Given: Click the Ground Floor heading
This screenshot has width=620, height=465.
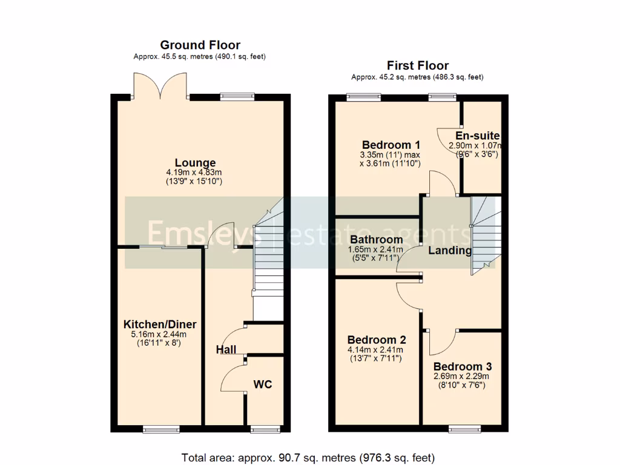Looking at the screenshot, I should pyautogui.click(x=200, y=45).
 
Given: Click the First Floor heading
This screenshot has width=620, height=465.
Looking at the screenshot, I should pyautogui.click(x=418, y=66).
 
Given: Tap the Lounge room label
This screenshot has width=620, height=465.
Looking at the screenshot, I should pyautogui.click(x=195, y=163).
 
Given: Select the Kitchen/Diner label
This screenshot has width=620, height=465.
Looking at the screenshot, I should pyautogui.click(x=160, y=325).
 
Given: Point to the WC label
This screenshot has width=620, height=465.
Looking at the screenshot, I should pyautogui.click(x=262, y=384).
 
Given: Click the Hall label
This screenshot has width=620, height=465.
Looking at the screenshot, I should pyautogui.click(x=226, y=349).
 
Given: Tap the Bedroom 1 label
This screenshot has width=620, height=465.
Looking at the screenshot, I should pyautogui.click(x=391, y=145).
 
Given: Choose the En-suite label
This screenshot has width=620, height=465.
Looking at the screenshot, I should pyautogui.click(x=478, y=136).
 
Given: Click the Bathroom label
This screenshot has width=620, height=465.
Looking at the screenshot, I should pyautogui.click(x=375, y=240).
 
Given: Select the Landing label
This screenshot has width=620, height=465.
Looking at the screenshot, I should pyautogui.click(x=450, y=251).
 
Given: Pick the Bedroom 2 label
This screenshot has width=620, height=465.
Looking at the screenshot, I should pyautogui.click(x=377, y=340).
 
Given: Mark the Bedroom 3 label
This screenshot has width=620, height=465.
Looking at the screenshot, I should pyautogui.click(x=463, y=366).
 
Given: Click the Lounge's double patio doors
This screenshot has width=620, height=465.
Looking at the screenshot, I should pyautogui.click(x=160, y=86).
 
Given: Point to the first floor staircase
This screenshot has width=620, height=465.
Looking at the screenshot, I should pyautogui.click(x=485, y=233).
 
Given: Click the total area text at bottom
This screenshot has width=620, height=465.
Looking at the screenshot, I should pyautogui.click(x=308, y=457).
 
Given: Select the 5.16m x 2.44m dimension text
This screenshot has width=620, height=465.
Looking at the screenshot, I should pyautogui.click(x=160, y=334).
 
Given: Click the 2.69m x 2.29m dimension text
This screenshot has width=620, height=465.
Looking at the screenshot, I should pyautogui.click(x=463, y=376).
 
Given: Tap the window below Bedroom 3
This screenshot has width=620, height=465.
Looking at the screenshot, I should pyautogui.click(x=463, y=429).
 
